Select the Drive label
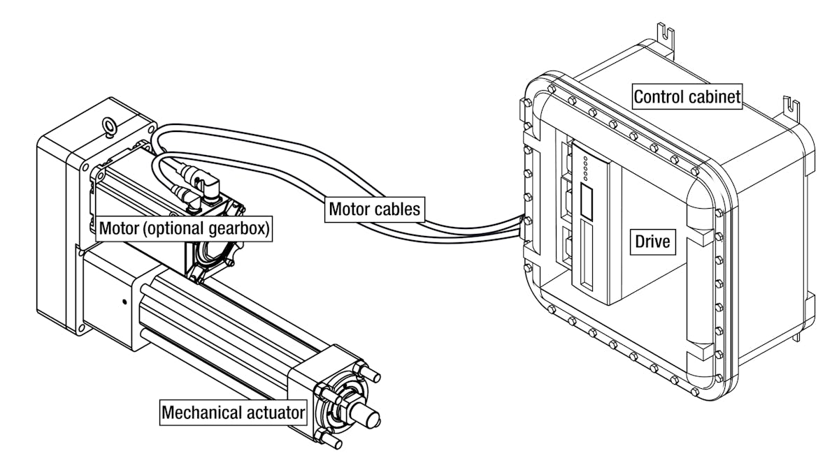(x=652, y=242)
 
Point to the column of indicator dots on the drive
(x=584, y=168)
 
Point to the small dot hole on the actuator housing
(x=124, y=302)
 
